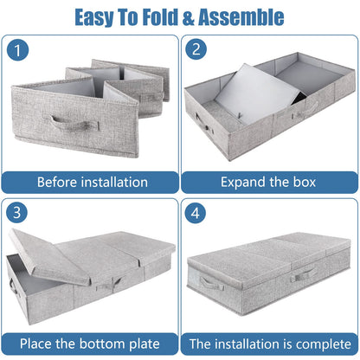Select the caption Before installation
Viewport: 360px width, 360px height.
[91, 183]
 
